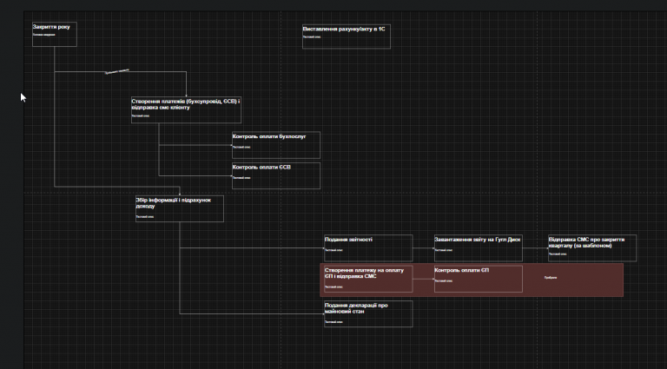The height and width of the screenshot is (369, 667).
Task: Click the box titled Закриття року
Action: click(54, 34)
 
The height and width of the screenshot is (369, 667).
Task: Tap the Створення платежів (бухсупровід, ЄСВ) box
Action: click(186, 109)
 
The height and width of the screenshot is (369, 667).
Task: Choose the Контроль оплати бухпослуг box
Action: click(275, 144)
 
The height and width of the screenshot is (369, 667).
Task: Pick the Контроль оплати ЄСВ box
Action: click(275, 175)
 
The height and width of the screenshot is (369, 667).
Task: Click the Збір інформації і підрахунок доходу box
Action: click(179, 208)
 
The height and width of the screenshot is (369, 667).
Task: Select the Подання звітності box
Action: click(367, 247)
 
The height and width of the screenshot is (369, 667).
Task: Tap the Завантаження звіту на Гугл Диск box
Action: click(478, 247)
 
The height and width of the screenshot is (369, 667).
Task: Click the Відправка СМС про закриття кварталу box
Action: click(591, 247)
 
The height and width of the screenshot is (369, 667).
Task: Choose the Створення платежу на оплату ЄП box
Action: click(367, 279)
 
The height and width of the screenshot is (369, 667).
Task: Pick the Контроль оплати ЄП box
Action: click(478, 279)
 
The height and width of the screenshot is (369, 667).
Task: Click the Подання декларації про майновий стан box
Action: click(367, 313)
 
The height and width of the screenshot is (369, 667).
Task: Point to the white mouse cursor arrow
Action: click(23, 97)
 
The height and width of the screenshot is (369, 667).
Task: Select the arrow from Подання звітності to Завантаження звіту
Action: click(423, 249)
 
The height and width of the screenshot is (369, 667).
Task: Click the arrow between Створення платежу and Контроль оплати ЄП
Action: click(423, 280)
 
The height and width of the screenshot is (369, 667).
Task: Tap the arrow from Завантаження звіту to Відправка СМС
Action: click(535, 249)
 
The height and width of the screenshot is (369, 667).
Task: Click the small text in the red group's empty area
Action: click(551, 278)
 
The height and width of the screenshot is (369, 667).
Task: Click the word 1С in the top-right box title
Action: click(380, 29)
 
